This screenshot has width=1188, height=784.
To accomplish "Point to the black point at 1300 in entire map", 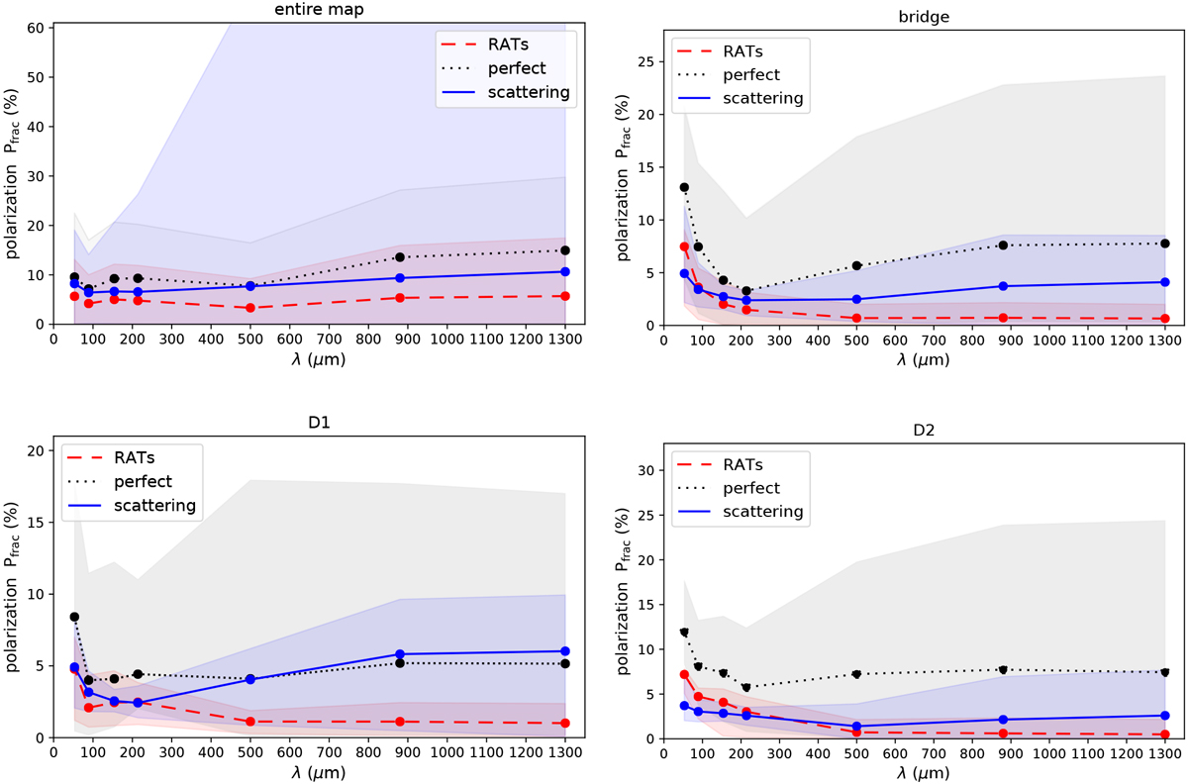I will [x=564, y=250].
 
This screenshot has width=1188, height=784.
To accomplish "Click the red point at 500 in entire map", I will [x=250, y=308].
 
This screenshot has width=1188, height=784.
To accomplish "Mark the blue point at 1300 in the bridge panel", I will [x=1165, y=282].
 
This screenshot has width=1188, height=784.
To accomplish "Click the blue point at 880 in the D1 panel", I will [x=400, y=654].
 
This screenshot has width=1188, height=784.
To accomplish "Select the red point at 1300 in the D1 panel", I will [x=564, y=724].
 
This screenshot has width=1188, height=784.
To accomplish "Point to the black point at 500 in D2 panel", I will [x=855, y=674].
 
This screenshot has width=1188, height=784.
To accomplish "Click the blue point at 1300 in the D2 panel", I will [x=1165, y=715].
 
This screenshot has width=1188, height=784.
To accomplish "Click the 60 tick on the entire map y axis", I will [x=35, y=28].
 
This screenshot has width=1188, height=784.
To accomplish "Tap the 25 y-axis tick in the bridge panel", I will [x=644, y=61].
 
